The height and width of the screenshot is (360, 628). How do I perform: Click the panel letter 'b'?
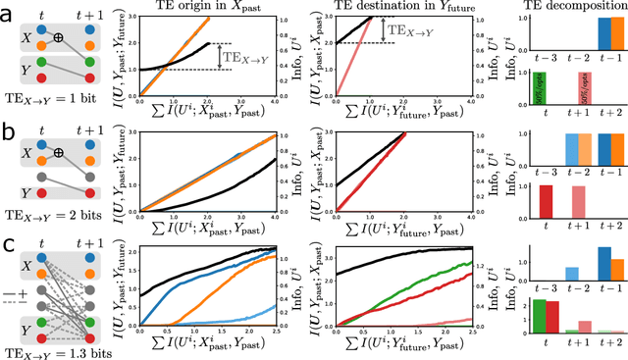coord(8,129)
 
